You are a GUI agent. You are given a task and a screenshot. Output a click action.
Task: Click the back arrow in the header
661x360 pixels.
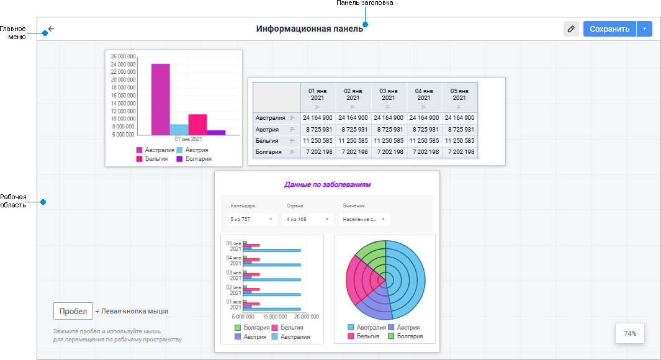51,29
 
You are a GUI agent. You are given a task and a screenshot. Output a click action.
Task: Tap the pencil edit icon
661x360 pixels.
571,29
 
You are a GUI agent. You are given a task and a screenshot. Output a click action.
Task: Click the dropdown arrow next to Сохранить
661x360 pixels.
644,29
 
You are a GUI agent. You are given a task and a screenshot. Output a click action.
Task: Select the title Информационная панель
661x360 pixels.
310,29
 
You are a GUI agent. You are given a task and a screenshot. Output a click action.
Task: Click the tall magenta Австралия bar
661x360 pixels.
160,99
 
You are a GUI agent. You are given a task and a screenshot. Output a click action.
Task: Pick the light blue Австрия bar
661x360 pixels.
179,129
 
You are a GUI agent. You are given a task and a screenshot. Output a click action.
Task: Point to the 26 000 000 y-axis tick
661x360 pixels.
123,56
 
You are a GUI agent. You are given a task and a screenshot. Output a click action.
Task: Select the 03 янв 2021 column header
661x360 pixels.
389,94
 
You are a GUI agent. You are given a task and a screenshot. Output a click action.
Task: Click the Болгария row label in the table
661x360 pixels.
269,152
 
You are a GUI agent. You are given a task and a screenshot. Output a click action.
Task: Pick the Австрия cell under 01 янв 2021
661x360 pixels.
318,129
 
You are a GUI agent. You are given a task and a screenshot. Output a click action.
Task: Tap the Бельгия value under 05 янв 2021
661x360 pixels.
460,141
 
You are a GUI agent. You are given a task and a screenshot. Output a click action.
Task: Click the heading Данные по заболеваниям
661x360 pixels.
327,184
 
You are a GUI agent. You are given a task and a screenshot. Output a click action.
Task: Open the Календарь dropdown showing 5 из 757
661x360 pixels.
251,219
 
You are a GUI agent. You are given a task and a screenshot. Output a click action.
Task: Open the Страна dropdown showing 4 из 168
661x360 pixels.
308,219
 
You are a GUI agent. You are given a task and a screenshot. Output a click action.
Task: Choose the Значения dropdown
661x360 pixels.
364,219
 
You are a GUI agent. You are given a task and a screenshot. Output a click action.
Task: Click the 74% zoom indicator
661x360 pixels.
630,333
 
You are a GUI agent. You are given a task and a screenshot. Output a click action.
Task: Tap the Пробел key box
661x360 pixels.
73,311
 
